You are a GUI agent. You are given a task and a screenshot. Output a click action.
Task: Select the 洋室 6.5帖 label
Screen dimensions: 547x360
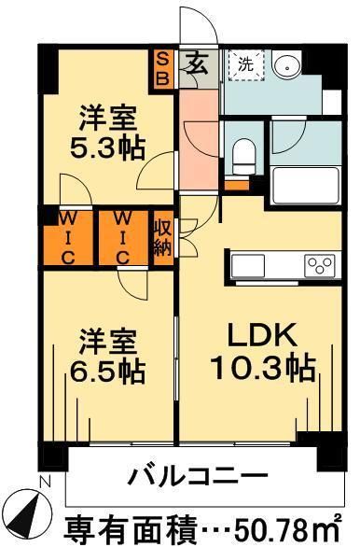[x=108, y=356]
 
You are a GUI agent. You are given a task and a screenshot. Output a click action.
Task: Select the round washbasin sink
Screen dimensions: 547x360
[x=286, y=66]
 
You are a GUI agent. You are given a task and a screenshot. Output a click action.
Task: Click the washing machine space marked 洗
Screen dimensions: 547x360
[x=244, y=65]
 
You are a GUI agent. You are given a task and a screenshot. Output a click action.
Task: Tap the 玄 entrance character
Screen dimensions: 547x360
[x=198, y=65]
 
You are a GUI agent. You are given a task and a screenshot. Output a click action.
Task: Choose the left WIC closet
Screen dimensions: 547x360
[x=69, y=238]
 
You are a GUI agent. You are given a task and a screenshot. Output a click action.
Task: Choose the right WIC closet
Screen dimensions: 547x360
[x=123, y=238]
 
